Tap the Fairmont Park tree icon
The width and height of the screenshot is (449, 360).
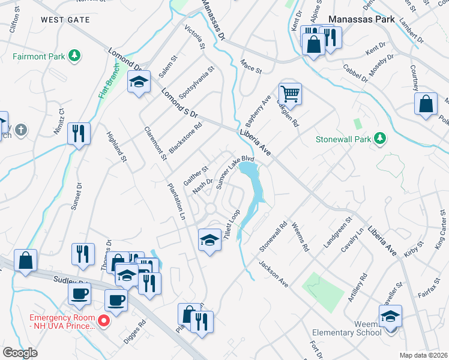(74, 56)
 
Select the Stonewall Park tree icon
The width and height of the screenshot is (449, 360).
(379, 139)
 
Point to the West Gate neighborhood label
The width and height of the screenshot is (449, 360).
(65, 20)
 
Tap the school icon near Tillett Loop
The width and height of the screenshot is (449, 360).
(209, 240)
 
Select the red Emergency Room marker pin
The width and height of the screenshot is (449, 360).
(103, 321)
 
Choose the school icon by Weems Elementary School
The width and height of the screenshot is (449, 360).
(390, 316)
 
